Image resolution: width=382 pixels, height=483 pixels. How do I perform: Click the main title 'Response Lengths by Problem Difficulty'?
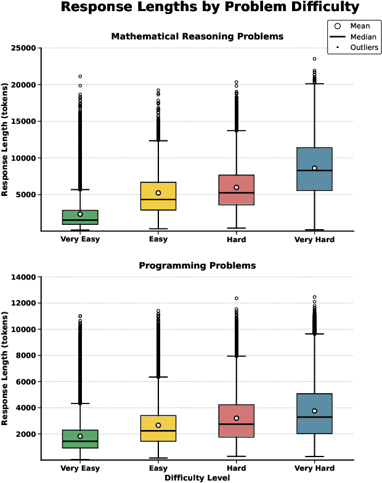pyautogui.click(x=210, y=8)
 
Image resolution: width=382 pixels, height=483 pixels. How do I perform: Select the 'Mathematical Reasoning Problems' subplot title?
pyautogui.click(x=197, y=36)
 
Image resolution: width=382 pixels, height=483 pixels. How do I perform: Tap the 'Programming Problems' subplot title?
pyautogui.click(x=197, y=266)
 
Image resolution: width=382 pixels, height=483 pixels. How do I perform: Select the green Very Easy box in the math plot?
pyautogui.click(x=80, y=217)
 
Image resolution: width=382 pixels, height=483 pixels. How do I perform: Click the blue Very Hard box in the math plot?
pyautogui.click(x=314, y=169)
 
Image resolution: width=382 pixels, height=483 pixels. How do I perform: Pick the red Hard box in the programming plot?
pyautogui.click(x=237, y=421)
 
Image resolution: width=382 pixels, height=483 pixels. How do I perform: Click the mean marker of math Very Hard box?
pyautogui.click(x=314, y=168)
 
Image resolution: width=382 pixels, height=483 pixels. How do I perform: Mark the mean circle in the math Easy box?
pyautogui.click(x=158, y=193)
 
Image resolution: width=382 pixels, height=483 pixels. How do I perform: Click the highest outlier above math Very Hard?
pyautogui.click(x=314, y=59)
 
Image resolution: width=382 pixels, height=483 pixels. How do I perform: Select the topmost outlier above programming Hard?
pyautogui.click(x=237, y=298)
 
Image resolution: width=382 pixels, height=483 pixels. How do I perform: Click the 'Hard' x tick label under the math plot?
pyautogui.click(x=237, y=239)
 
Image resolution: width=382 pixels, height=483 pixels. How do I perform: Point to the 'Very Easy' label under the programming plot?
pyautogui.click(x=80, y=469)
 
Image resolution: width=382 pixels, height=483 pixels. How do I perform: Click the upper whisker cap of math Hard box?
pyautogui.click(x=237, y=131)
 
